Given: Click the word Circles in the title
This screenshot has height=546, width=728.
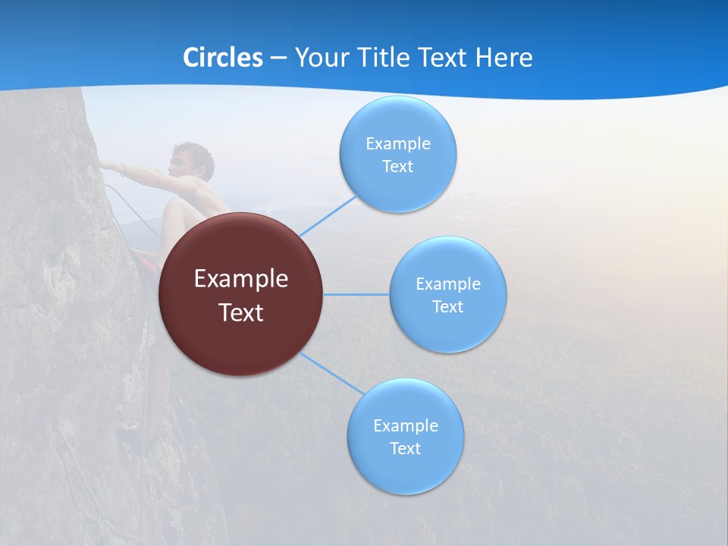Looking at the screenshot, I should tap(223, 58).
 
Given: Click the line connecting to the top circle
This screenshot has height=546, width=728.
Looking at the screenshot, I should tap(328, 216).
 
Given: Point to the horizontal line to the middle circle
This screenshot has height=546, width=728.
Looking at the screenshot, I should tap(356, 294).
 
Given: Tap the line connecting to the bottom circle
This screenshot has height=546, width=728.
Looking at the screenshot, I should tap(332, 373).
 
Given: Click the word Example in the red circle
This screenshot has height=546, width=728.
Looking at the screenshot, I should tap(241, 279).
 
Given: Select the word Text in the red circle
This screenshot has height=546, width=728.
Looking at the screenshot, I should tap(241, 312).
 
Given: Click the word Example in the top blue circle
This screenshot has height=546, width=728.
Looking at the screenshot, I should tap(397, 144).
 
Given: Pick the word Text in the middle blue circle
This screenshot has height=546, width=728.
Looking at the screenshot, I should tap(447, 307).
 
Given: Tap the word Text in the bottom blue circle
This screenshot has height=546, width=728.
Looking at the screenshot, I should tap(405, 449).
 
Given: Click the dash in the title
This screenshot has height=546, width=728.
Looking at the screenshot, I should tap(278, 58).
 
